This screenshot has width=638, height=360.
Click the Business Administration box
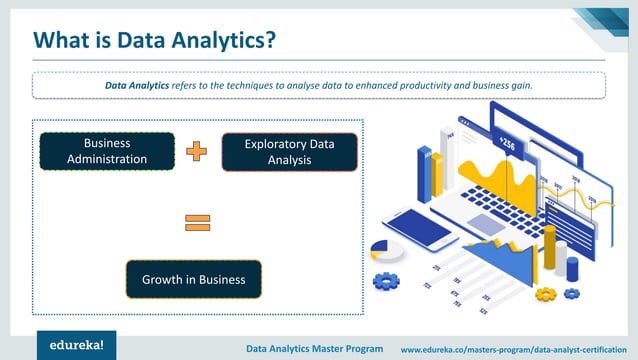[x=107, y=151]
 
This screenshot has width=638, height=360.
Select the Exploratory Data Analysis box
[x=289, y=152]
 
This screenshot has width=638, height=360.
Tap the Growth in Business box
[x=193, y=279]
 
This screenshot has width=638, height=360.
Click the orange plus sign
[x=197, y=151]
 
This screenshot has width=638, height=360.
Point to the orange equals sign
[x=197, y=223]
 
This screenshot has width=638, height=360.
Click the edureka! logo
[x=71, y=346]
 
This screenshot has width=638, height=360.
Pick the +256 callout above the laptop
[x=507, y=143]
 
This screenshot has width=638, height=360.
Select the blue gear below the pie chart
[x=385, y=281]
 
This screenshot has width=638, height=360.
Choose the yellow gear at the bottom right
[x=546, y=294]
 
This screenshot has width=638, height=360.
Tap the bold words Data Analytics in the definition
[x=139, y=86]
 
